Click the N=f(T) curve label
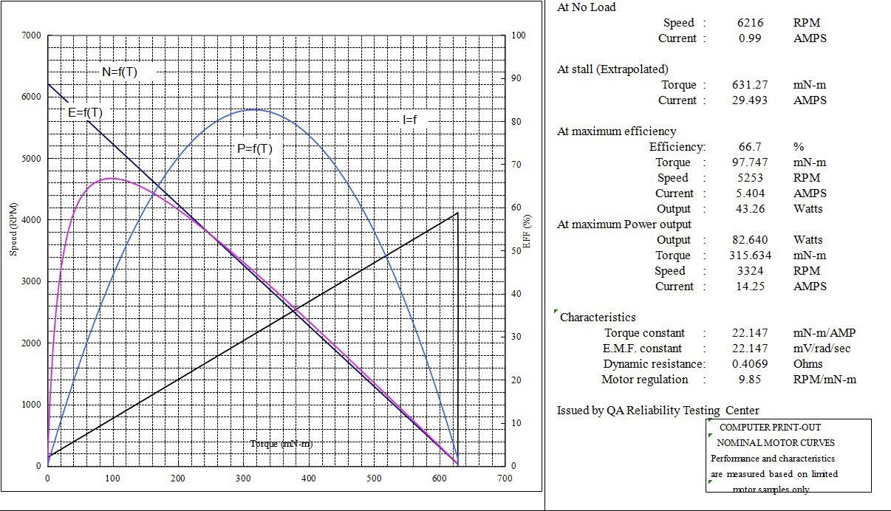click(x=119, y=72)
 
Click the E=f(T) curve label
click(x=85, y=112)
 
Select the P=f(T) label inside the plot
click(x=254, y=148)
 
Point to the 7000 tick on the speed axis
click(x=30, y=35)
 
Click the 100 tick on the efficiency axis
click(x=519, y=35)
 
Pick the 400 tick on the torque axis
click(x=309, y=479)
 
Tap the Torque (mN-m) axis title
click(x=281, y=443)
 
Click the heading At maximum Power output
click(x=624, y=224)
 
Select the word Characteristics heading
click(x=598, y=318)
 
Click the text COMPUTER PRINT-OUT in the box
click(x=770, y=428)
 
